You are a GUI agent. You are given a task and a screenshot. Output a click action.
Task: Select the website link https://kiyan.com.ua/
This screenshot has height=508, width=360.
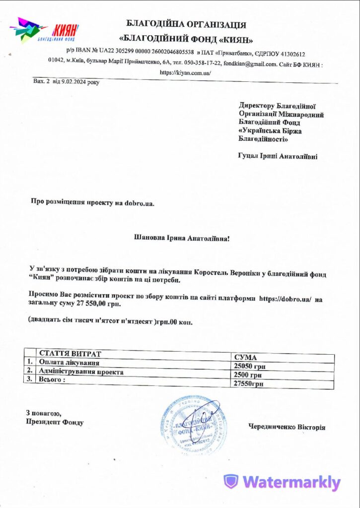(185, 72)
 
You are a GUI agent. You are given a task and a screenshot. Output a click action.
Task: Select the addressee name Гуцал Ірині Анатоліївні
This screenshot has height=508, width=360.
(278, 156)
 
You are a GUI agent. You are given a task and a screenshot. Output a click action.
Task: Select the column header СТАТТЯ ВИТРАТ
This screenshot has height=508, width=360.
(70, 354)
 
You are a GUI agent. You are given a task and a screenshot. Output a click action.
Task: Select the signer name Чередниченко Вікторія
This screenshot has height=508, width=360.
(287, 427)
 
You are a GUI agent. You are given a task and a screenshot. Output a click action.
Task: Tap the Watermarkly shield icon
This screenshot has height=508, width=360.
(230, 482)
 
